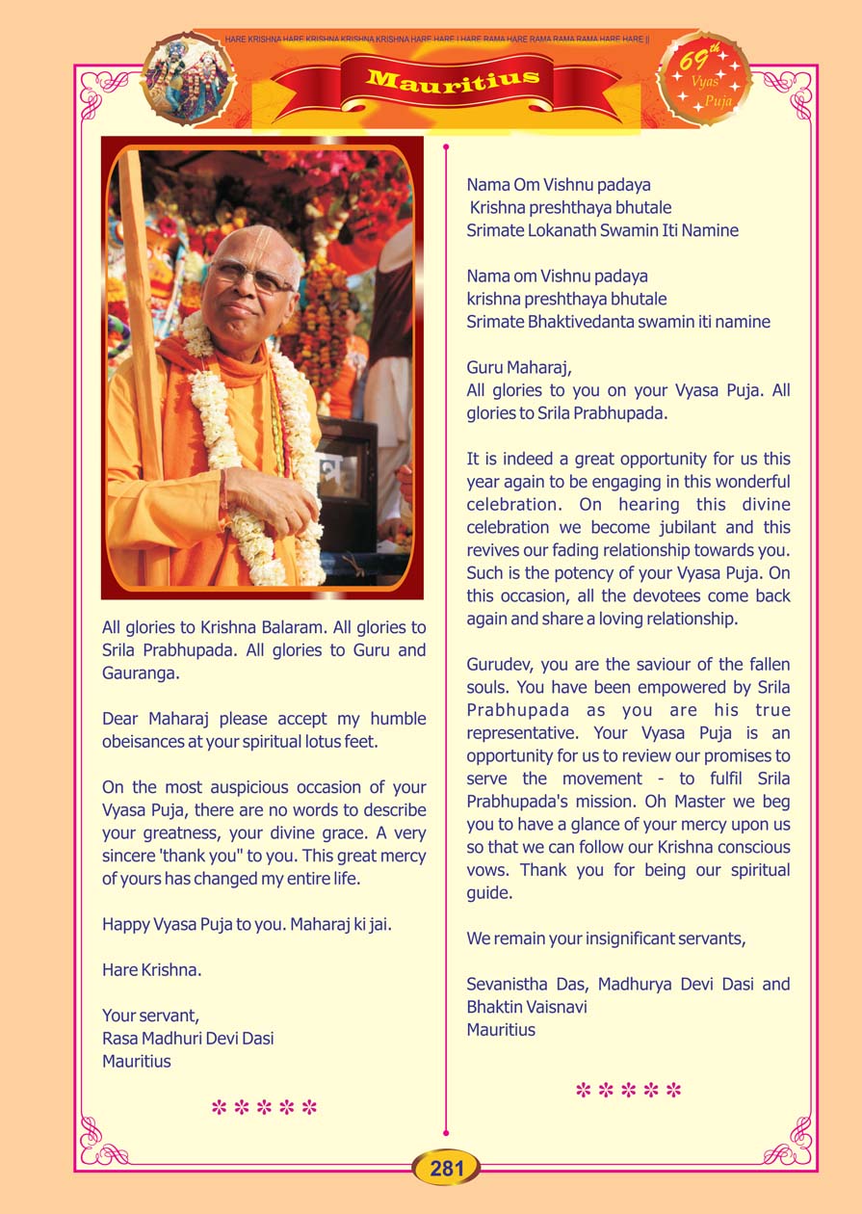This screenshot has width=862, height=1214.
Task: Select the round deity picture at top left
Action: click(x=188, y=80)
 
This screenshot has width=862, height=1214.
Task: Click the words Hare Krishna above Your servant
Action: click(x=151, y=970)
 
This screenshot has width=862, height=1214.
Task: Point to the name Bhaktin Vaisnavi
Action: click(x=527, y=1007)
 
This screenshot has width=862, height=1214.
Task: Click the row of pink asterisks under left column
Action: click(x=264, y=1107)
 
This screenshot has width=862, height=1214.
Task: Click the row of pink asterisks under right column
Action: click(x=628, y=1091)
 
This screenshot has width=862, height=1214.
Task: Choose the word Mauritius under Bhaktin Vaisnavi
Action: click(x=501, y=1030)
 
